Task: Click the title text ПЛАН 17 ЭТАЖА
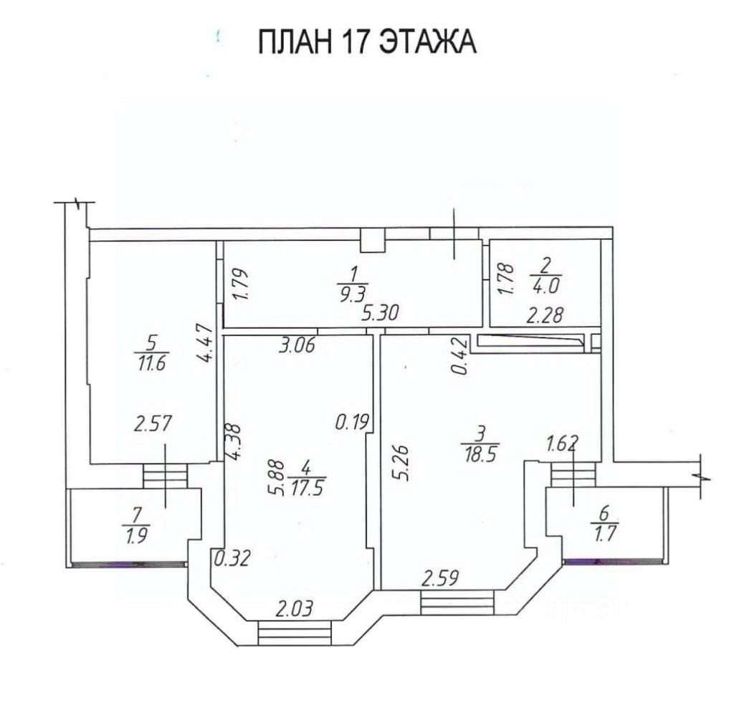coord(367,41)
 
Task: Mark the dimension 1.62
coord(562,441)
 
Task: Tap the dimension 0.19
coord(353,423)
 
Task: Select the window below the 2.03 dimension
coord(295,633)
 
